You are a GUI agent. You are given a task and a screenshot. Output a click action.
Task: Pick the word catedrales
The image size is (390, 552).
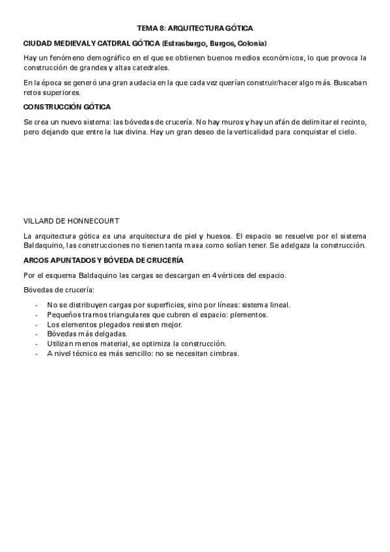(x=149, y=68)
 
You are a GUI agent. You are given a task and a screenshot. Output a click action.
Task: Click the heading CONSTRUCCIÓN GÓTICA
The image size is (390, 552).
(x=67, y=107)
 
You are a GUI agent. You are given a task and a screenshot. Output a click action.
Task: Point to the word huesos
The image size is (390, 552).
(x=212, y=236)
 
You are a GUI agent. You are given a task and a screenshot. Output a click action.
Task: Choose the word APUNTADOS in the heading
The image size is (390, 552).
(x=66, y=260)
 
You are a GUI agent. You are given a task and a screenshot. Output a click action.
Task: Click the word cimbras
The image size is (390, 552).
(x=224, y=353)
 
